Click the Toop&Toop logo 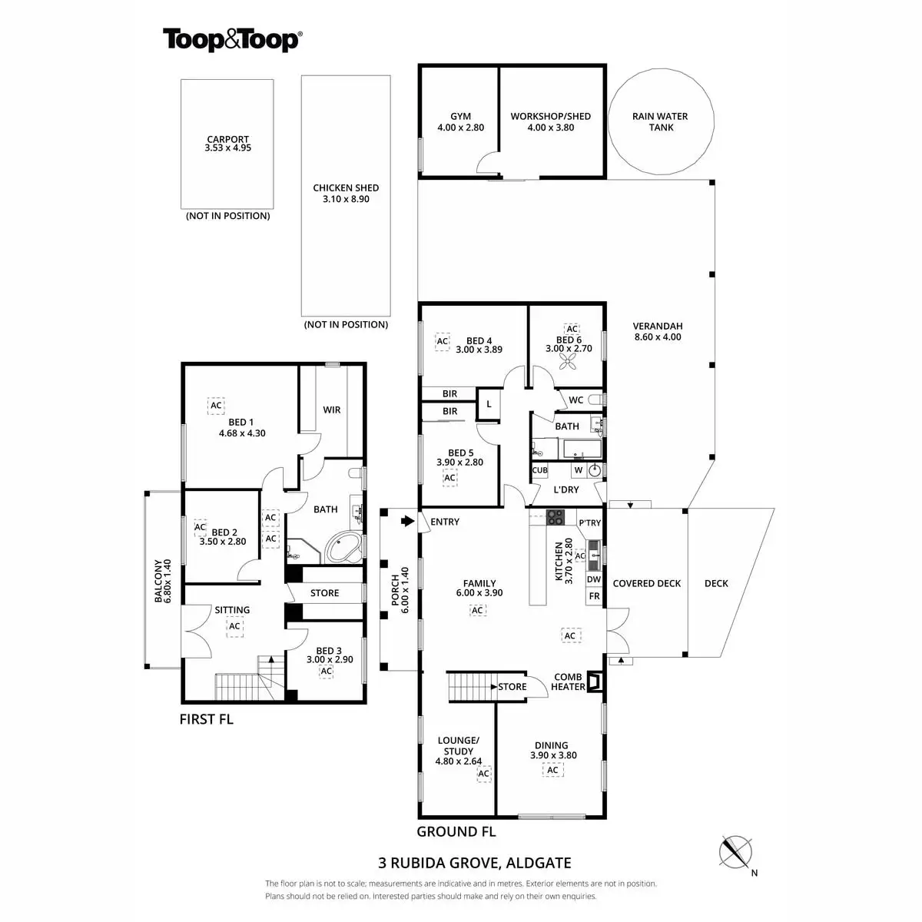pyautogui.click(x=231, y=40)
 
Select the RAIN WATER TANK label pyautogui.click(x=660, y=121)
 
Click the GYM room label pyautogui.click(x=460, y=117)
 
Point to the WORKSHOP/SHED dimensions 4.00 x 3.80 pyautogui.click(x=550, y=128)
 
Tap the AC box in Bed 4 pyautogui.click(x=442, y=341)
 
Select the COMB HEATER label pyautogui.click(x=568, y=682)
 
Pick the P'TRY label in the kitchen pyautogui.click(x=589, y=523)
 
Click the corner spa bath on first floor pyautogui.click(x=343, y=549)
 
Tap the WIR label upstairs pyautogui.click(x=331, y=410)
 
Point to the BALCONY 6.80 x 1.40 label pyautogui.click(x=162, y=581)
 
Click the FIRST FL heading pyautogui.click(x=206, y=719)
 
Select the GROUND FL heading pyautogui.click(x=456, y=831)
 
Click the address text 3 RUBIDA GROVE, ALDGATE pyautogui.click(x=475, y=863)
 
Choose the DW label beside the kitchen pyautogui.click(x=593, y=579)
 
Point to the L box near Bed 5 pyautogui.click(x=489, y=403)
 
